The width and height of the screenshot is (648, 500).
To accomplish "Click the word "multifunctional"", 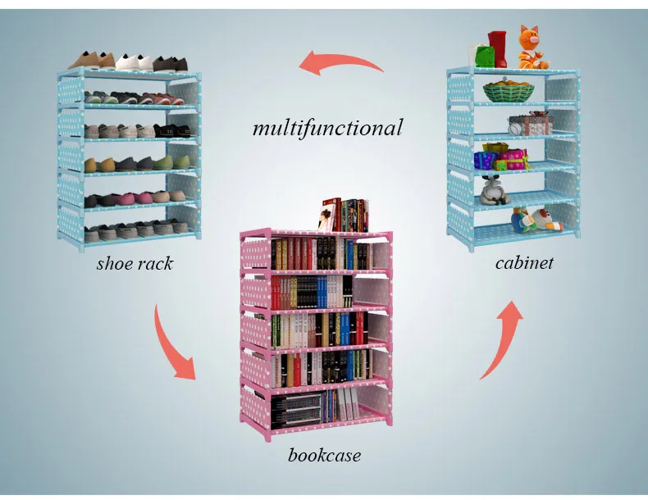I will tap(327, 128).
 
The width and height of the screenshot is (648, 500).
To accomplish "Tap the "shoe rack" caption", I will tap(135, 263).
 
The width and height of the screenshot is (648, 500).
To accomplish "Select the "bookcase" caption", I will tap(324, 454).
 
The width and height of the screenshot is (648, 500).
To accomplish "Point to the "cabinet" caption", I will tap(524, 262).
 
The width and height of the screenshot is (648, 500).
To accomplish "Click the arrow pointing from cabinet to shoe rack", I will tap(340, 63).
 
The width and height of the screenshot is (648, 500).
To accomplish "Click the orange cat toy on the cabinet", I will tap(532, 48).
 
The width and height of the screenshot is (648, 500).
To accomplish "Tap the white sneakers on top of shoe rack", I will tap(135, 61).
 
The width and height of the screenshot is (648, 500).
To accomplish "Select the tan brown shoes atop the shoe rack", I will tap(91, 60).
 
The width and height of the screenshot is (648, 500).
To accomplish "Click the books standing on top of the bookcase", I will tap(344, 215).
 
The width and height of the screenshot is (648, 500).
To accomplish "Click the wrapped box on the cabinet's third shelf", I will tap(529, 125).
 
